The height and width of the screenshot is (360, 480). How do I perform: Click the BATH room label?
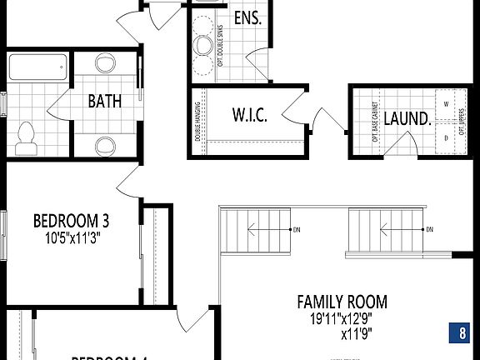pyautogui.click(x=105, y=102)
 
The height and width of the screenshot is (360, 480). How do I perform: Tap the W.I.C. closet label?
pyautogui.click(x=249, y=116)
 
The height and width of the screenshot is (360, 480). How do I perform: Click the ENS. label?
pyautogui.click(x=247, y=18)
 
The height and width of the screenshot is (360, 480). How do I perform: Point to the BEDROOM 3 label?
pyautogui.click(x=71, y=221)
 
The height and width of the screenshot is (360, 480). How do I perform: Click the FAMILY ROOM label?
pyautogui.click(x=342, y=302)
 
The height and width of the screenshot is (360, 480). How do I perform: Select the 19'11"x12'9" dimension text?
pyautogui.click(x=342, y=317)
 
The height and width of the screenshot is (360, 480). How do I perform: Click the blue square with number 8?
pyautogui.click(x=462, y=332)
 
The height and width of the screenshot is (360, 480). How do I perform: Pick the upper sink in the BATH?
pyautogui.click(x=106, y=64)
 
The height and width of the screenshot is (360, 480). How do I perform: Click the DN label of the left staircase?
pyautogui.click(x=296, y=229)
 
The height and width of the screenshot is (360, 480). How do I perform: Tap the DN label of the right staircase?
pyautogui.click(x=430, y=229)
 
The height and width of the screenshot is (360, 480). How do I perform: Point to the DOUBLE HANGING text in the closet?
pyautogui.click(x=198, y=122)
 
